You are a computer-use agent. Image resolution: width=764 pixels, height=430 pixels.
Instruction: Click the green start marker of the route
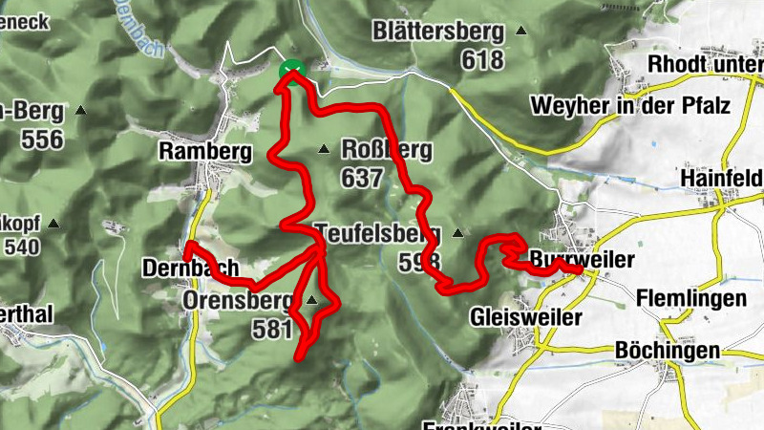(x=291, y=70)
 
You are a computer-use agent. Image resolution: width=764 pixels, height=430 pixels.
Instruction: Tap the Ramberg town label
(x=204, y=150)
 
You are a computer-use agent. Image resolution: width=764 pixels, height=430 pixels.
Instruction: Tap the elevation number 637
(x=363, y=177)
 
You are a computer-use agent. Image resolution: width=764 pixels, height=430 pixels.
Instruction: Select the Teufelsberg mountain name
(x=376, y=232)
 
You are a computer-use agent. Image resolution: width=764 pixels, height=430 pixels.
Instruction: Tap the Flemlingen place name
(x=691, y=298)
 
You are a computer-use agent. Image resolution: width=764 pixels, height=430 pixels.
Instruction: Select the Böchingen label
(x=668, y=351)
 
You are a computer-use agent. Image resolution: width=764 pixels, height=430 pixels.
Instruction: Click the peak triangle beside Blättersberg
(x=521, y=31)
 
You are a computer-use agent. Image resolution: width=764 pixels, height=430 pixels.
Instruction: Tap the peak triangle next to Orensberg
(x=311, y=301)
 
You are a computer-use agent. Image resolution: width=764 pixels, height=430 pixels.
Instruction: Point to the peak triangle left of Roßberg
(x=324, y=148)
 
